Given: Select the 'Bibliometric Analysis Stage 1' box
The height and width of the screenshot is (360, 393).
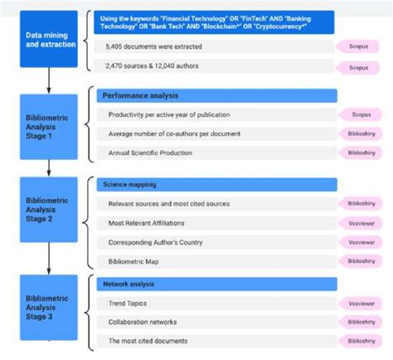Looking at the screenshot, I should tap(50, 127).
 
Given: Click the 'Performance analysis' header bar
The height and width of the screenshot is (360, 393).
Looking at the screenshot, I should tap(216, 96).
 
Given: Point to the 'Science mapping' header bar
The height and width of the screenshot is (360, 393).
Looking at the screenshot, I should tap(216, 184).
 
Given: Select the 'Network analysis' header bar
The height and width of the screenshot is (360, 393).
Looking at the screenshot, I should tap(216, 285).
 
